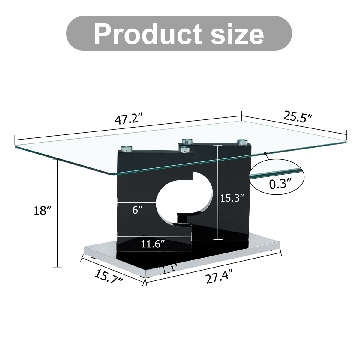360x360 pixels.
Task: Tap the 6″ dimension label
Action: coord(137,210)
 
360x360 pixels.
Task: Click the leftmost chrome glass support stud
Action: coord(127,149)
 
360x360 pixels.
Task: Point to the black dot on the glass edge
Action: coord(265,154)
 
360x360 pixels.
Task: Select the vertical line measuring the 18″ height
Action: coord(57,213)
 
